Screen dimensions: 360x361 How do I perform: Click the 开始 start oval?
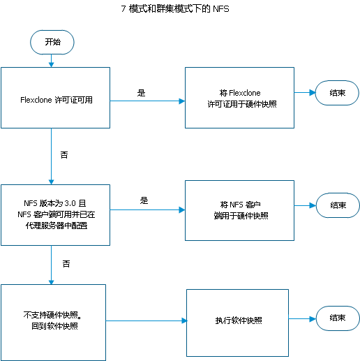click(52, 42)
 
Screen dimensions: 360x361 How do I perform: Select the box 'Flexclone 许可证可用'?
click(55, 98)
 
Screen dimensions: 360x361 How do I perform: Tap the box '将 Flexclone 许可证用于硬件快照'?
click(239, 98)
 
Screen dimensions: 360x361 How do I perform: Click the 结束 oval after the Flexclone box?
click(337, 93)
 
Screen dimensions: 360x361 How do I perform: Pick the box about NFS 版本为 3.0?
click(55, 215)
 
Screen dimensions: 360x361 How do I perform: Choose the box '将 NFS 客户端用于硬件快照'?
click(239, 210)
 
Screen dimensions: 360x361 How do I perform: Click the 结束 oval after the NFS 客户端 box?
click(338, 205)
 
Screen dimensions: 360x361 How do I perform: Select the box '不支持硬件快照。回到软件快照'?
click(53, 323)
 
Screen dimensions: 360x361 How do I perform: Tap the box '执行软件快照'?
click(237, 323)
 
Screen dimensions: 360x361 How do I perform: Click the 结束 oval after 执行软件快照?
click(338, 318)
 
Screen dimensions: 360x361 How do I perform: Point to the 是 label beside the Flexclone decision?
click(141, 93)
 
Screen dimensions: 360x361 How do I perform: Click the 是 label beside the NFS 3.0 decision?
click(144, 200)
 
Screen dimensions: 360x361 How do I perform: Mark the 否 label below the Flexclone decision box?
click(64, 155)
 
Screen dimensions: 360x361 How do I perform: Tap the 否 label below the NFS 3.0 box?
click(66, 264)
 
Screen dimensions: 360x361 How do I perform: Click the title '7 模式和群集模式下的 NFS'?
click(175, 9)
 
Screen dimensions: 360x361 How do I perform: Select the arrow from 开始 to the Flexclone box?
click(52, 61)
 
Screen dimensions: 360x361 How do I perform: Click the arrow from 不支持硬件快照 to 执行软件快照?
click(147, 321)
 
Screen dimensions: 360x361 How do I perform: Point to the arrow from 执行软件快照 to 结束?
click(302, 318)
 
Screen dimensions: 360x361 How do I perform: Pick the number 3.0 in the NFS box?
click(70, 203)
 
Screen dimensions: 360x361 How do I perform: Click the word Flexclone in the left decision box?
click(36, 100)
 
